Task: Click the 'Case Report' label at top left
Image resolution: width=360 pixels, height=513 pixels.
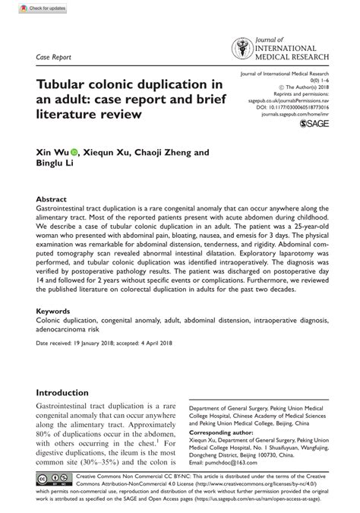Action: click(x=52, y=57)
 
